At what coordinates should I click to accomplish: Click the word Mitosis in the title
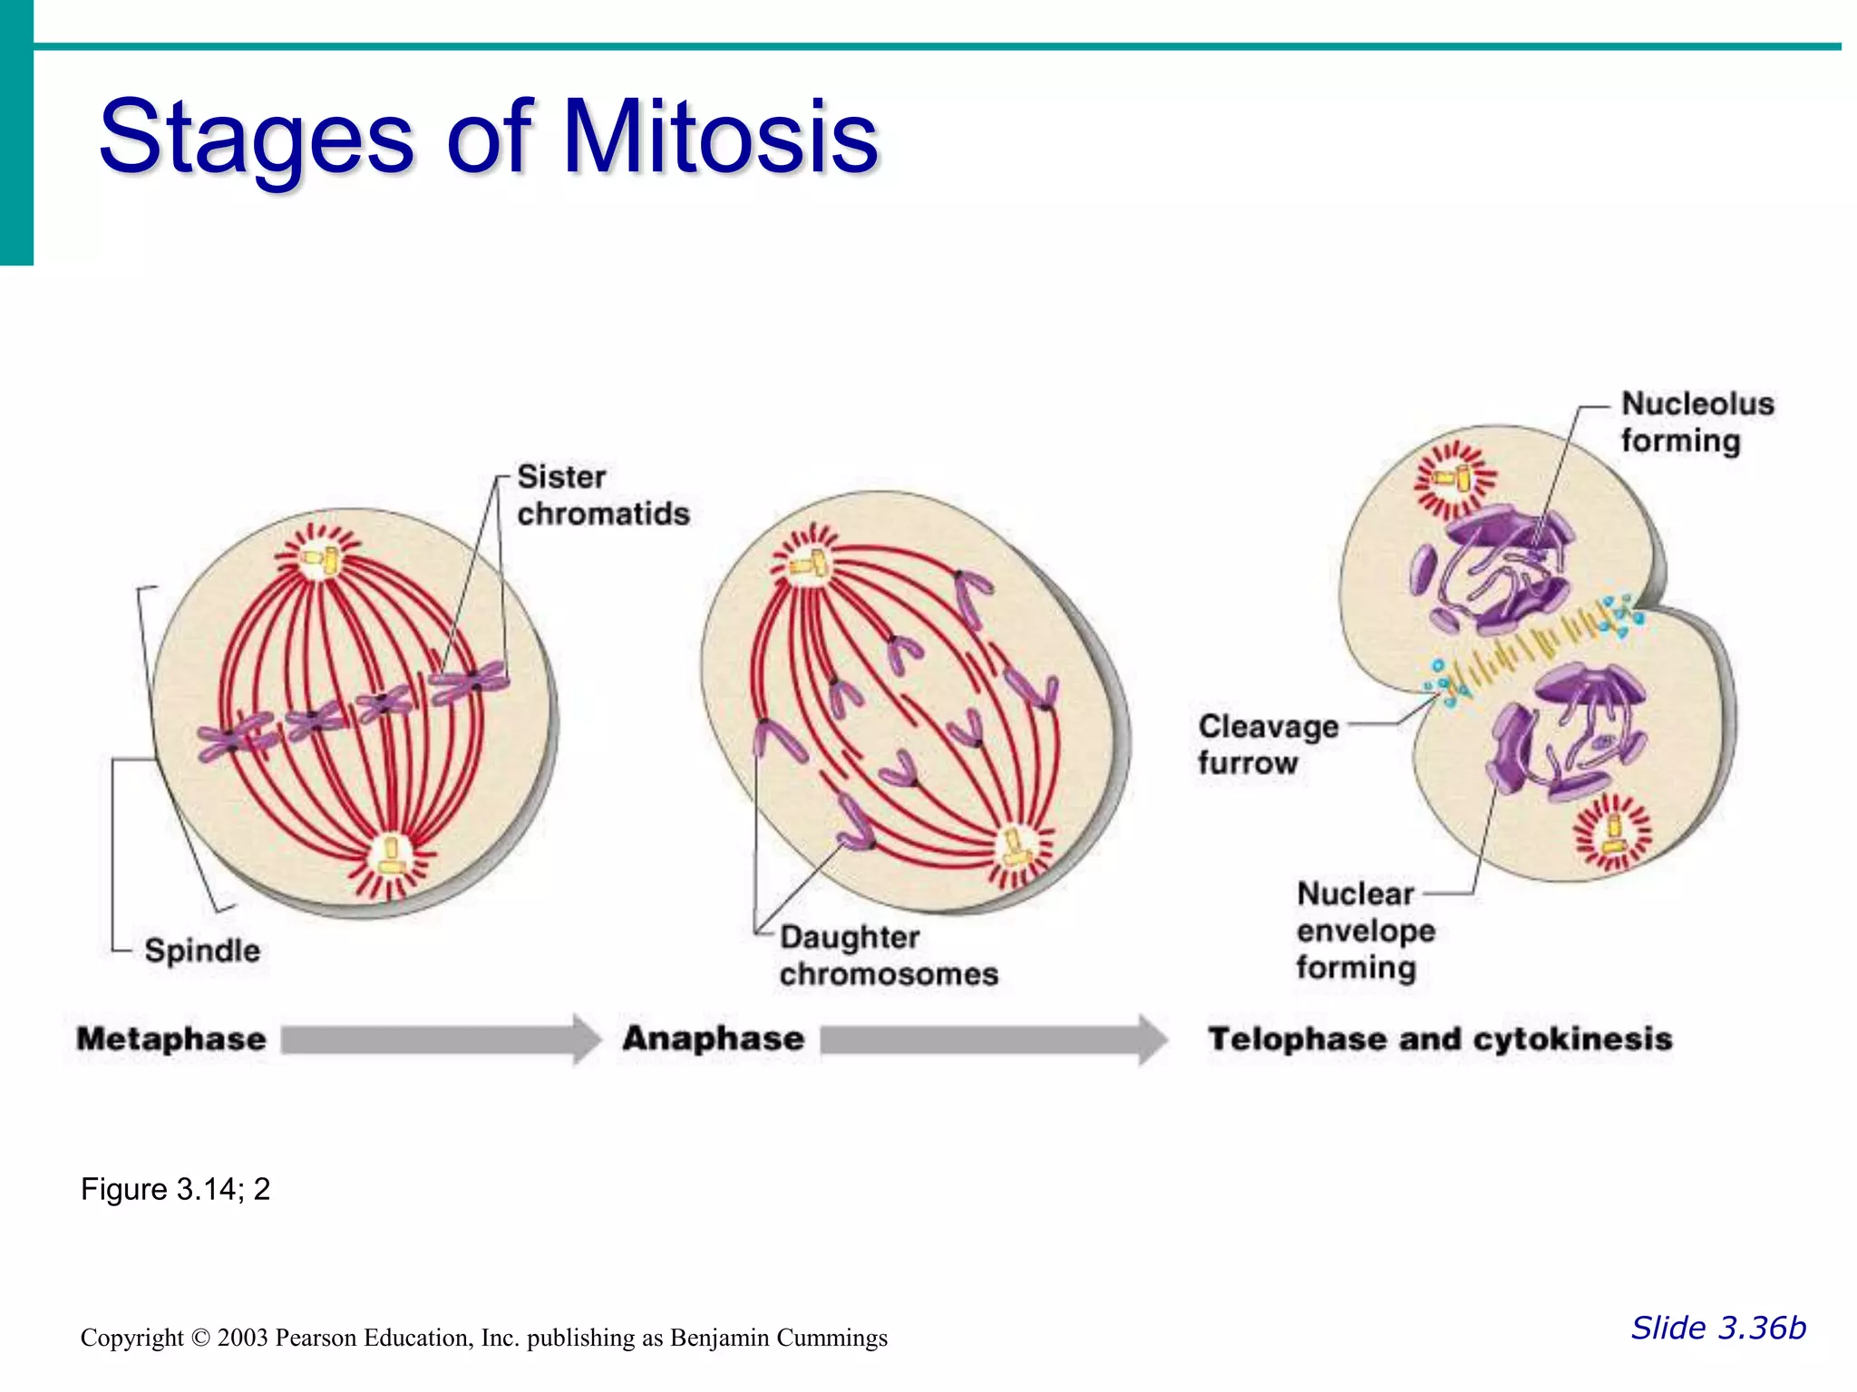721,138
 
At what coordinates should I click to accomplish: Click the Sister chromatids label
603,495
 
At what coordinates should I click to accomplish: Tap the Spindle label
202,951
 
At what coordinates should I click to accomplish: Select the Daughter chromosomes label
888,955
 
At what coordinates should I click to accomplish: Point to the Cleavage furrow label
1268,744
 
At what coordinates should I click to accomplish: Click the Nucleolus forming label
1696,421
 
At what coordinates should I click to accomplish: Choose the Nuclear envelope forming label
1365,931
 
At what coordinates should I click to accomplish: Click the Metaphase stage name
171,1039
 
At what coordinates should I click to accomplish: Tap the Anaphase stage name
713,1039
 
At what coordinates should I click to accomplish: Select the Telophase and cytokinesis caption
1440,1039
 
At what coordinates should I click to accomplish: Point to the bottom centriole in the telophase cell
1613,834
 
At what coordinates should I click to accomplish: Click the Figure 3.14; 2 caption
175,1189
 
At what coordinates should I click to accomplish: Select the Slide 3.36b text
1718,1328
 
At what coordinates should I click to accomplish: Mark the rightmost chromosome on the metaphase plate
470,681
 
